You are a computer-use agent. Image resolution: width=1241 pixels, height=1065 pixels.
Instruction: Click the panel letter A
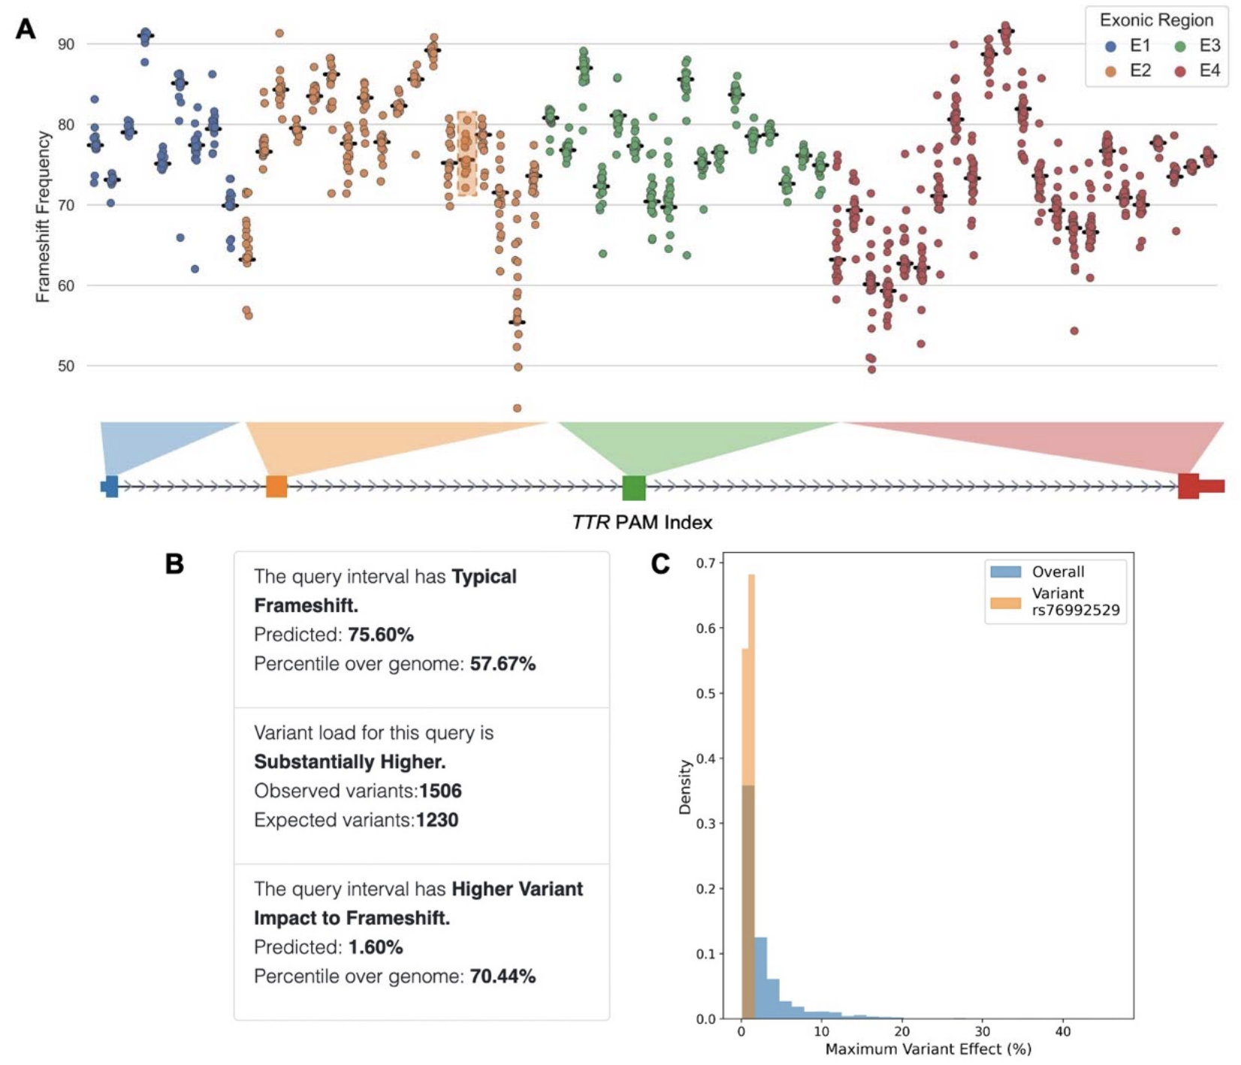point(26,29)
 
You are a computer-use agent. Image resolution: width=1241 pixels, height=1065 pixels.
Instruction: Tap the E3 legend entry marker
point(1179,47)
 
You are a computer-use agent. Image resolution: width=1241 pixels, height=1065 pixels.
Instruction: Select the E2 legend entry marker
point(1110,71)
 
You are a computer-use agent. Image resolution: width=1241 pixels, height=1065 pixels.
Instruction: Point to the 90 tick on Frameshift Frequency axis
point(66,44)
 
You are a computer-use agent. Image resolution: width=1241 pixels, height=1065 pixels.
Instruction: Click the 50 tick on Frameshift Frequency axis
point(66,367)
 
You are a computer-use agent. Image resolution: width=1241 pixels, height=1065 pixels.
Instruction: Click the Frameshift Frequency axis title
point(43,216)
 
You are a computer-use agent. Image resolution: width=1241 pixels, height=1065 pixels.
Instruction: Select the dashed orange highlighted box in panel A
point(467,153)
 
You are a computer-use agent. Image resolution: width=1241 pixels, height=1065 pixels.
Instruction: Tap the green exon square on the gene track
point(634,487)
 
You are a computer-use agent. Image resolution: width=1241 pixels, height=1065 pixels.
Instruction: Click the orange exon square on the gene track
point(276,487)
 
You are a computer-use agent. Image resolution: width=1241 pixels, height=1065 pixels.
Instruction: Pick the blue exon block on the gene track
point(111,487)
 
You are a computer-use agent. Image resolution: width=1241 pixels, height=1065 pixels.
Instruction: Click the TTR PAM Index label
point(642,523)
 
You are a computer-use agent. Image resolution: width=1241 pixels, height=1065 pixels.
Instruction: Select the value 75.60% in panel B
point(381,635)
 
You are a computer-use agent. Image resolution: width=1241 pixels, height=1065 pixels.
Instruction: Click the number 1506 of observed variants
point(440,792)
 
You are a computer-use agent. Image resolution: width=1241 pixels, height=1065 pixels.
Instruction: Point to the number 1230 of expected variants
point(436,820)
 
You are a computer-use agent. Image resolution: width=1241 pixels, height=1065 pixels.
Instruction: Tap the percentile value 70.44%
point(503,977)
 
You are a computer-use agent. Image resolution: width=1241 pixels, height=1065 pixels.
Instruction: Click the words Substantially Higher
point(349,762)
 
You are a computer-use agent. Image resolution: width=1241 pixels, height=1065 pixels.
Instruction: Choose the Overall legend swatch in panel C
point(1005,572)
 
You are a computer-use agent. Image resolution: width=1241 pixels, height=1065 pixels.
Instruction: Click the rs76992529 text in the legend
point(1075,611)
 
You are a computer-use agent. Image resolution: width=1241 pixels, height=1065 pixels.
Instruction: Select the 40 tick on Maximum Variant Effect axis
point(1062,1032)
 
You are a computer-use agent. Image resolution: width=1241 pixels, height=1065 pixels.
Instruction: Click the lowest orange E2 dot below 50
point(517,409)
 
